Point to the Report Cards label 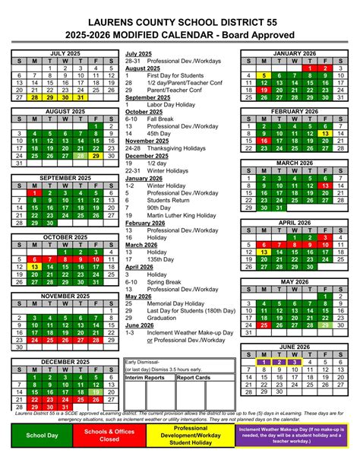pos(193,377)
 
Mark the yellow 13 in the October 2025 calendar pos(34,267)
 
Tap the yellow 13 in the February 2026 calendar pos(324,132)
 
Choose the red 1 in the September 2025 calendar pos(34,193)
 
